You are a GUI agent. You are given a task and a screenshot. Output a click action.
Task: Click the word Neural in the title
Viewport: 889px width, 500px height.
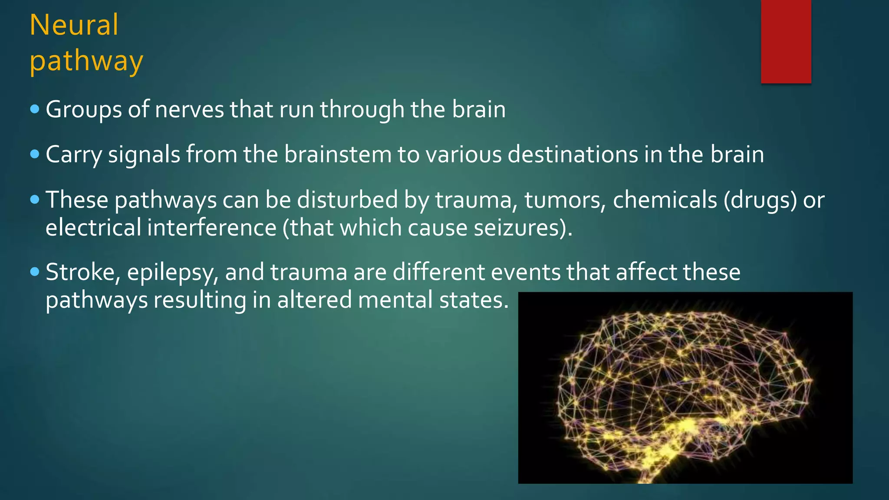pyautogui.click(x=74, y=25)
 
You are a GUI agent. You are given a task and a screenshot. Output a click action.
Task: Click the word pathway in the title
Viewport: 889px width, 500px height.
pyautogui.click(x=86, y=61)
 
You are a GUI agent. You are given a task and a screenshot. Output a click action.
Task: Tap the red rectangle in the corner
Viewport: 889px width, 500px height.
pyautogui.click(x=786, y=41)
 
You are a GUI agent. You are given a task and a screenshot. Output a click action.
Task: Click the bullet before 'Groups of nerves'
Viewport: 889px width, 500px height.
pyautogui.click(x=35, y=109)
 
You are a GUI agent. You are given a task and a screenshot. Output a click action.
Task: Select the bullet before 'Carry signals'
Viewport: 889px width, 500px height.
pyautogui.click(x=35, y=154)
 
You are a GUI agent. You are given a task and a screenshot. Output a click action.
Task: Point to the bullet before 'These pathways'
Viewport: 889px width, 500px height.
pyautogui.click(x=35, y=200)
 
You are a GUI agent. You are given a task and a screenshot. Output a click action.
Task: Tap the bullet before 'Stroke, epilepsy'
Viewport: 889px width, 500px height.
pyautogui.click(x=35, y=272)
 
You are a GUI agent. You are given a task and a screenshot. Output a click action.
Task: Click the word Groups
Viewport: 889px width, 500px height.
pyautogui.click(x=83, y=109)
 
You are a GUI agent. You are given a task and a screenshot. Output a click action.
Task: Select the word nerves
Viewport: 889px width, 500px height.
pyautogui.click(x=189, y=109)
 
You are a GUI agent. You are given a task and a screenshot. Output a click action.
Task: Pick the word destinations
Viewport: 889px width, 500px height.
pyautogui.click(x=573, y=155)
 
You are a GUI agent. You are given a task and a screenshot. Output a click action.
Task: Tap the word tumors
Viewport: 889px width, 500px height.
pyautogui.click(x=565, y=200)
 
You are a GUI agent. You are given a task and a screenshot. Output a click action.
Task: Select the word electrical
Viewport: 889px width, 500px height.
pyautogui.click(x=93, y=228)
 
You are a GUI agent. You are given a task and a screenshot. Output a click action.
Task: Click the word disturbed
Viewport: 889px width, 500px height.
pyautogui.click(x=347, y=200)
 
